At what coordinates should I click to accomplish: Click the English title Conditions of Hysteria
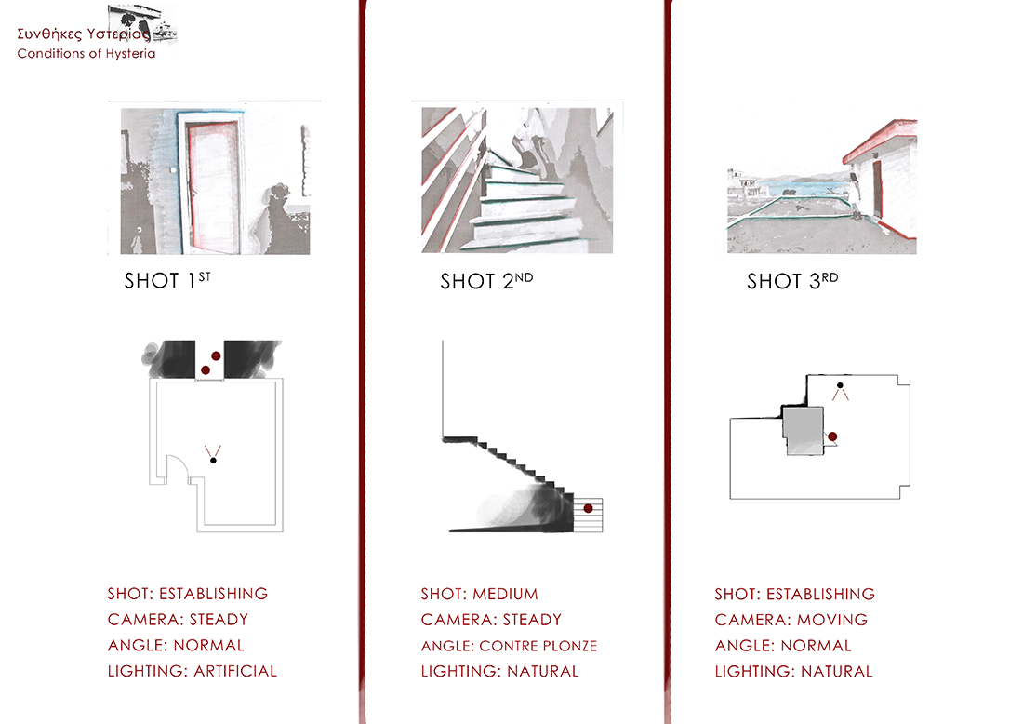click(86, 54)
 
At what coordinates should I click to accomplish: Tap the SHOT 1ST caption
click(167, 280)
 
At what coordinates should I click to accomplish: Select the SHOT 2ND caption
click(486, 281)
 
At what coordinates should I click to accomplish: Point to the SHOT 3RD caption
click(792, 281)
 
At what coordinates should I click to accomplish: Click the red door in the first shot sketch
click(213, 187)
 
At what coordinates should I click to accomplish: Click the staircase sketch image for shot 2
click(517, 181)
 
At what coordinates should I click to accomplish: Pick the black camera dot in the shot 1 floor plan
click(213, 461)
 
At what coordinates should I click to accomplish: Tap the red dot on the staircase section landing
click(588, 508)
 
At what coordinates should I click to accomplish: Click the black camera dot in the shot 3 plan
click(841, 386)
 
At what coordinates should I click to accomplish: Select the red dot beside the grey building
click(832, 436)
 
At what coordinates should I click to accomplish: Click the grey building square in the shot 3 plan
click(804, 430)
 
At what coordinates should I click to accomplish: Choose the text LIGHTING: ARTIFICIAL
click(193, 671)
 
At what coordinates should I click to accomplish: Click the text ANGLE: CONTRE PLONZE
click(509, 646)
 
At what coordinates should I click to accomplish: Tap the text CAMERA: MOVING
click(791, 620)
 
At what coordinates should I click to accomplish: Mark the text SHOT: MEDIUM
click(480, 594)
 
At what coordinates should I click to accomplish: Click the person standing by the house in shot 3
click(854, 194)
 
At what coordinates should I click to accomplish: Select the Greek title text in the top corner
click(84, 34)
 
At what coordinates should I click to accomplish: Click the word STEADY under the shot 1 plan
click(219, 620)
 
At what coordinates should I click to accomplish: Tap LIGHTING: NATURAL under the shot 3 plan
click(794, 671)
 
